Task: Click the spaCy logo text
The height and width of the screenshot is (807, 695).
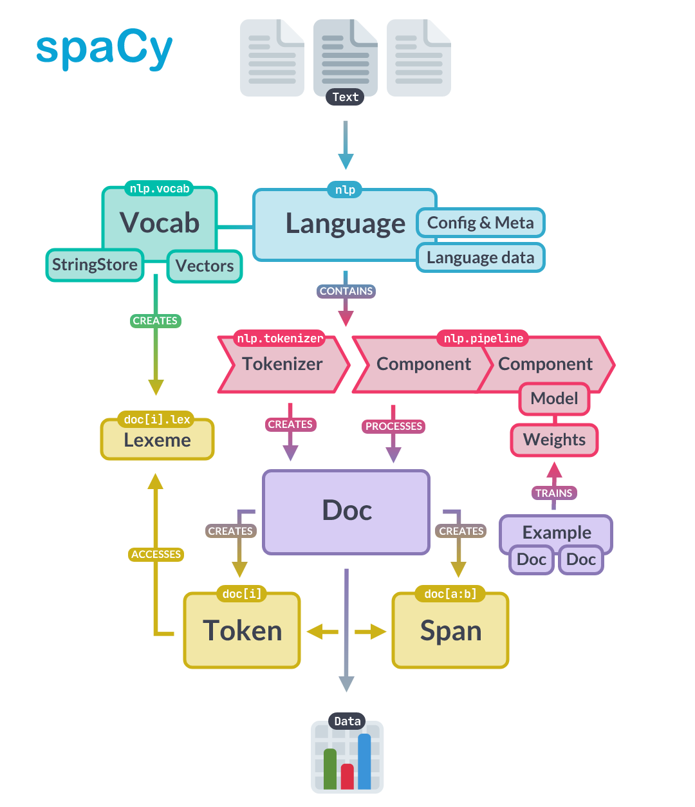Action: coord(104,49)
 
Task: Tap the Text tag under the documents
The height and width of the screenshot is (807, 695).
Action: coord(345,97)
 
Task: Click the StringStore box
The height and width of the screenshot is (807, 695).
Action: coord(95,264)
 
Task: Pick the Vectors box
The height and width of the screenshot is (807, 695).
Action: coord(205,266)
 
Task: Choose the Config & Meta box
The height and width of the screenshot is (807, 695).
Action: coord(480,223)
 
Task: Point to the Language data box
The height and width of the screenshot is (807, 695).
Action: coord(480,258)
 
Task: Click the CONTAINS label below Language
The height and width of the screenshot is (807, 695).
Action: coord(346,291)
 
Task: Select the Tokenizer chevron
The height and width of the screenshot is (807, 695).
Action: coord(283,364)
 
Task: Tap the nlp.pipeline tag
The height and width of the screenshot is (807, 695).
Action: coord(483,338)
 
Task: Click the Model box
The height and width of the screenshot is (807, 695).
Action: coord(554,398)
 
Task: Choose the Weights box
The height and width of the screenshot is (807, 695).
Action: coord(554,440)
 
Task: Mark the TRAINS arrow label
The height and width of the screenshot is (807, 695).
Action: coord(553,493)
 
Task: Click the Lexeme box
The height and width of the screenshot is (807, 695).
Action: coord(157,441)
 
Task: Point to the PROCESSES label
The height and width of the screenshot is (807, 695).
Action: coord(393,426)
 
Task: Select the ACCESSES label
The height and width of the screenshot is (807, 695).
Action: coord(156,554)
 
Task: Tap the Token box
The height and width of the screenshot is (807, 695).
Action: coord(242,631)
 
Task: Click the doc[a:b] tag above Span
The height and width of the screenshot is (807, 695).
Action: coord(450,593)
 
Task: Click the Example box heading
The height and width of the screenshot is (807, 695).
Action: coord(556,532)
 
